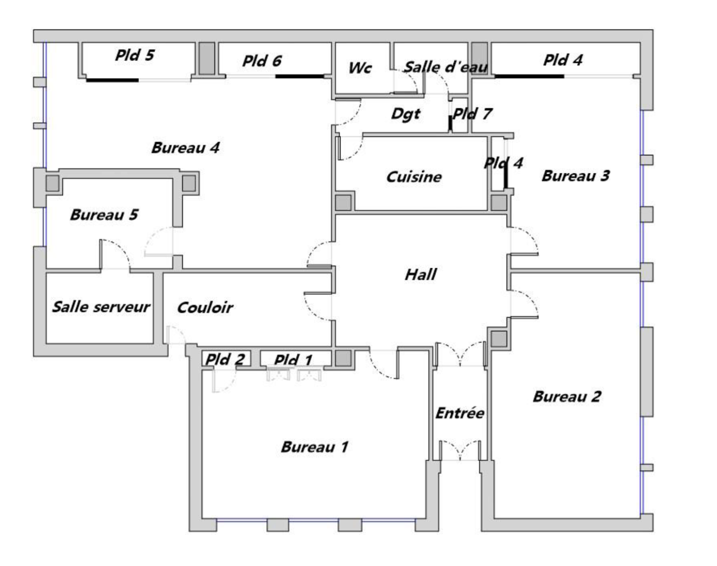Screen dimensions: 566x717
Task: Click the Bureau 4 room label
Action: pos(185,148)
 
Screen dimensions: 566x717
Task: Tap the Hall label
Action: pos(420,274)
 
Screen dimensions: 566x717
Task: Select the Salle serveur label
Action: pos(101,307)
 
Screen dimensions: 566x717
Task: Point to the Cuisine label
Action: pos(414,177)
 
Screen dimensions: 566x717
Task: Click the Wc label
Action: pos(360,68)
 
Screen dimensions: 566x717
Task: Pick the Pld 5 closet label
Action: pos(134,55)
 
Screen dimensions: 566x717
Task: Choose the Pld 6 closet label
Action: pos(262,61)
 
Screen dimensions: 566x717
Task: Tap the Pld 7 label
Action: pos(472,114)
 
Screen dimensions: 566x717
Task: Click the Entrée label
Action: pos(460,413)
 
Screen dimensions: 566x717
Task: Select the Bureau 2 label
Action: pos(566,397)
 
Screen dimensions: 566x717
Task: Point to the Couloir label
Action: pos(205,308)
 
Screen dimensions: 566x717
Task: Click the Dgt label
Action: pos(405,114)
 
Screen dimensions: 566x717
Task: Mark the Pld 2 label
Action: pos(225,359)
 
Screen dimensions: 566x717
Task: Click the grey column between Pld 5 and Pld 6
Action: pos(207,58)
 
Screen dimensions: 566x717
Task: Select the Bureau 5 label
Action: pos(104,215)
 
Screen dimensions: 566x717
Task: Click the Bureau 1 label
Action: pos(314,447)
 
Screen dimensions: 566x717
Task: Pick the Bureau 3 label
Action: pos(575,176)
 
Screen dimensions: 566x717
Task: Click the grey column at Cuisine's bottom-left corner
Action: pos(344,203)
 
